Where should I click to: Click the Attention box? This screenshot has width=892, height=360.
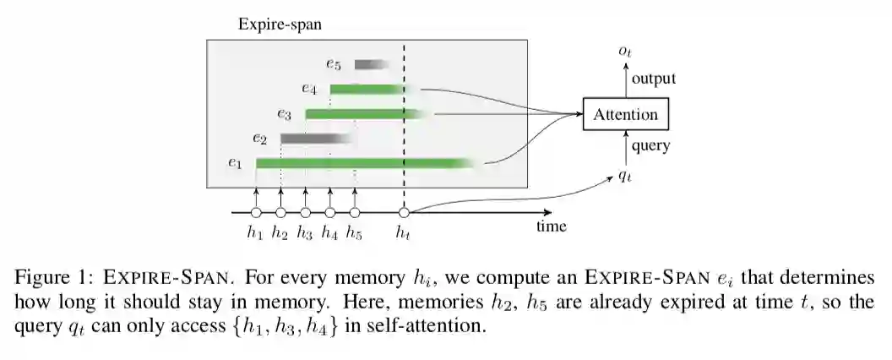625,114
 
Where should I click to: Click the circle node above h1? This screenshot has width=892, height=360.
256,213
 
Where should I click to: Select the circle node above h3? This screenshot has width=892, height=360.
306,213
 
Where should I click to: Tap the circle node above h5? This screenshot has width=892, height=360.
355,213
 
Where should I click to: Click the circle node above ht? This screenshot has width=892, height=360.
404,213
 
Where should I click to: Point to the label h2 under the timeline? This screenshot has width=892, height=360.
280,233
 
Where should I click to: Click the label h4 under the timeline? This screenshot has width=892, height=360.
330,233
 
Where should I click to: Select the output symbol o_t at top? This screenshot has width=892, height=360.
625,52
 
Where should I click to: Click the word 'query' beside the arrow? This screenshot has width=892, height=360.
650,146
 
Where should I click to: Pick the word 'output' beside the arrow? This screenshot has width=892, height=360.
654,79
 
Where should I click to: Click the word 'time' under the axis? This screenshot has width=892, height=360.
552,226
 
